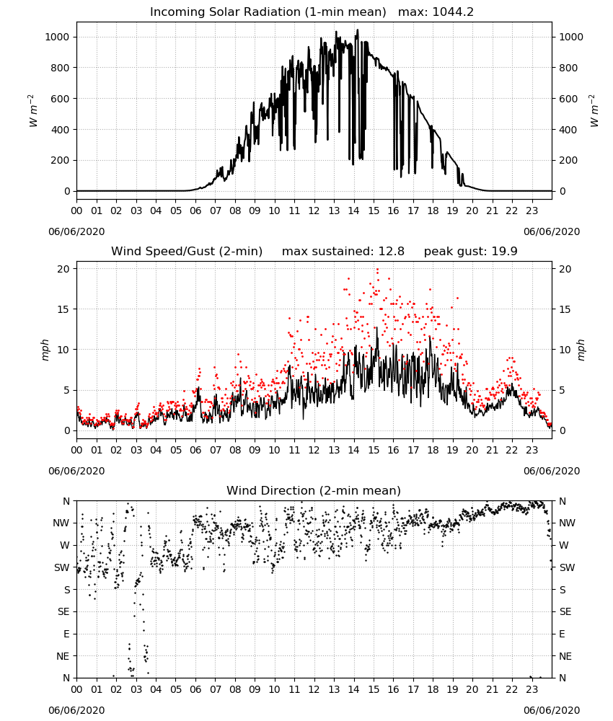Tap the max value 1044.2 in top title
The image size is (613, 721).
[453, 12]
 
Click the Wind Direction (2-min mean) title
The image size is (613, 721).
[314, 490]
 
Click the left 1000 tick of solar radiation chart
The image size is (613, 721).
[57, 37]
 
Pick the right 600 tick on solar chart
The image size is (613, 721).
[568, 99]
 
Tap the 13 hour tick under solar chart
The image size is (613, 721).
[334, 211]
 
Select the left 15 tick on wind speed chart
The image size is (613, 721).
[63, 309]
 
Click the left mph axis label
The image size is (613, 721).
[45, 350]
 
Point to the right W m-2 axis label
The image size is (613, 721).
[594, 111]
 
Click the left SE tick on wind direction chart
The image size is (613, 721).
[63, 612]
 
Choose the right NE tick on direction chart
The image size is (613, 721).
[565, 656]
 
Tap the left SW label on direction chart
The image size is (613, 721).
[62, 568]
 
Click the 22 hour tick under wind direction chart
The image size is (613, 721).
[512, 690]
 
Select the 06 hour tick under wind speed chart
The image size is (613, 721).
[195, 450]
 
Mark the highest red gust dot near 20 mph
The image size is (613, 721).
[378, 270]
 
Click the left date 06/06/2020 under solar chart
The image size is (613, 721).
[76, 231]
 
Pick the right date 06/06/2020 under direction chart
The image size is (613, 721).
[552, 710]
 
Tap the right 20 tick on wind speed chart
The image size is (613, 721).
[565, 269]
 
